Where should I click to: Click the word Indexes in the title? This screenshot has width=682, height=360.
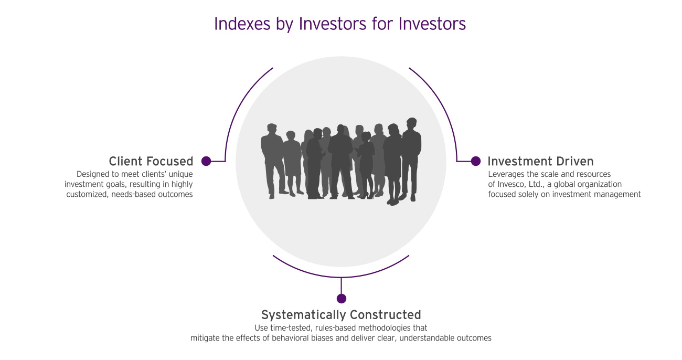tap(242, 24)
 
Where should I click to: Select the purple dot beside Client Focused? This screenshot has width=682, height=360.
tap(206, 161)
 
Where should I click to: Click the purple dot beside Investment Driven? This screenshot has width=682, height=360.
tap(476, 161)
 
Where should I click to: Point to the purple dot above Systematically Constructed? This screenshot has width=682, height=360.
tap(342, 299)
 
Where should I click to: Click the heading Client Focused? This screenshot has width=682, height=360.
tap(151, 161)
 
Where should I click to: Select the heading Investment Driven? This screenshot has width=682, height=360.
tap(540, 161)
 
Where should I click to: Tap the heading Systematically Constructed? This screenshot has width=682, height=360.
tap(341, 315)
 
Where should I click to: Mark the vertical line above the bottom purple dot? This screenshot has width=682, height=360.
tap(341, 285)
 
